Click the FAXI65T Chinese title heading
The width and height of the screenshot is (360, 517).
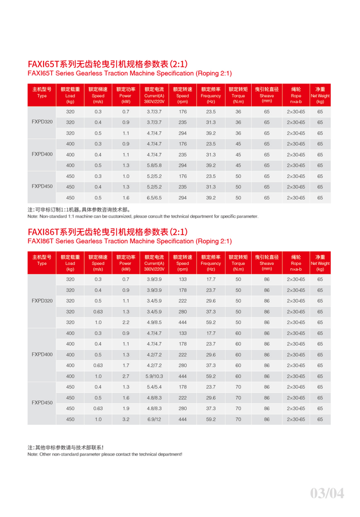(108, 64)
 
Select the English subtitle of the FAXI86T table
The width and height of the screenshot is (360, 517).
(129, 241)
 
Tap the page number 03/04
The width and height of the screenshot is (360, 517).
(327, 492)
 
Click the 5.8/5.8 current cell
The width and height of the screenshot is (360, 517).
(154, 165)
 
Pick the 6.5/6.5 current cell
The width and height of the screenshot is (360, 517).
(154, 198)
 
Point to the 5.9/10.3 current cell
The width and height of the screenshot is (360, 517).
(154, 376)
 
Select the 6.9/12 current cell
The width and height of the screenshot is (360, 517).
(154, 420)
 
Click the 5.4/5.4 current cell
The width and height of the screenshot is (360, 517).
(154, 387)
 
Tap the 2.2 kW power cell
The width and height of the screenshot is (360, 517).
(126, 323)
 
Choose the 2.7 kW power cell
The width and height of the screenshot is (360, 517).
(126, 376)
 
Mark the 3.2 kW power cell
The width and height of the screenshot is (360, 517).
(126, 420)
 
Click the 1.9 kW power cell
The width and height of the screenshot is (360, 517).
(126, 409)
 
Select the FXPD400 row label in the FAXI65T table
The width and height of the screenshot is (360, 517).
(42, 155)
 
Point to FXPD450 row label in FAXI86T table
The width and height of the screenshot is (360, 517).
(42, 403)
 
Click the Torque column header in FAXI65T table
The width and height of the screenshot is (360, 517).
(238, 95)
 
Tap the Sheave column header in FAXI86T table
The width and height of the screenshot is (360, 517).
(267, 263)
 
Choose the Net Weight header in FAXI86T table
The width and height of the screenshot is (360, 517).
(320, 263)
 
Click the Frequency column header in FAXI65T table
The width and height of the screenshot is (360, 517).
(211, 95)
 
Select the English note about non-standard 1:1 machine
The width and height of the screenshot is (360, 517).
(143, 216)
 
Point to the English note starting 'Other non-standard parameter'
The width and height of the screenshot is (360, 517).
(105, 455)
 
